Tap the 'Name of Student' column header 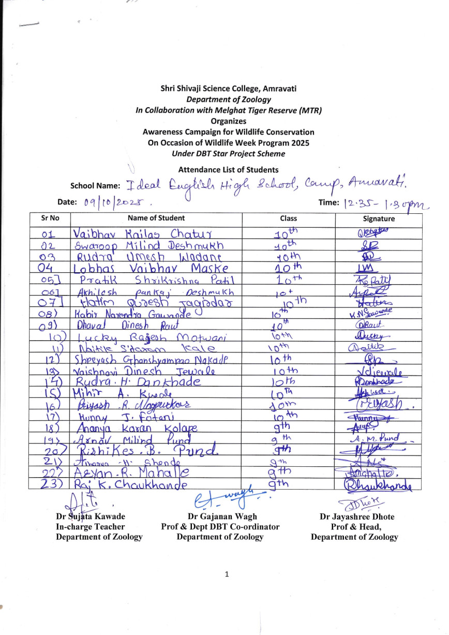[x=156, y=219]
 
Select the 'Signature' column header [x=379, y=219]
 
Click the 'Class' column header [x=288, y=219]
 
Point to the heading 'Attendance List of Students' [x=228, y=170]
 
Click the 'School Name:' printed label [x=95, y=186]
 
